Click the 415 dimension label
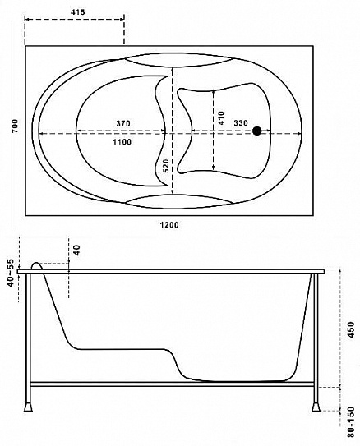[78, 12]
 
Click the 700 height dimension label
[15, 126]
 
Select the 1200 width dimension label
[169, 225]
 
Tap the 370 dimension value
[123, 123]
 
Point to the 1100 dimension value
[122, 141]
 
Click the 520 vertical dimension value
[166, 166]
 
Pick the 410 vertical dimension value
[221, 117]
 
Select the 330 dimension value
[241, 123]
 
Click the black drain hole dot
[257, 131]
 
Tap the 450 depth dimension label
[352, 329]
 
